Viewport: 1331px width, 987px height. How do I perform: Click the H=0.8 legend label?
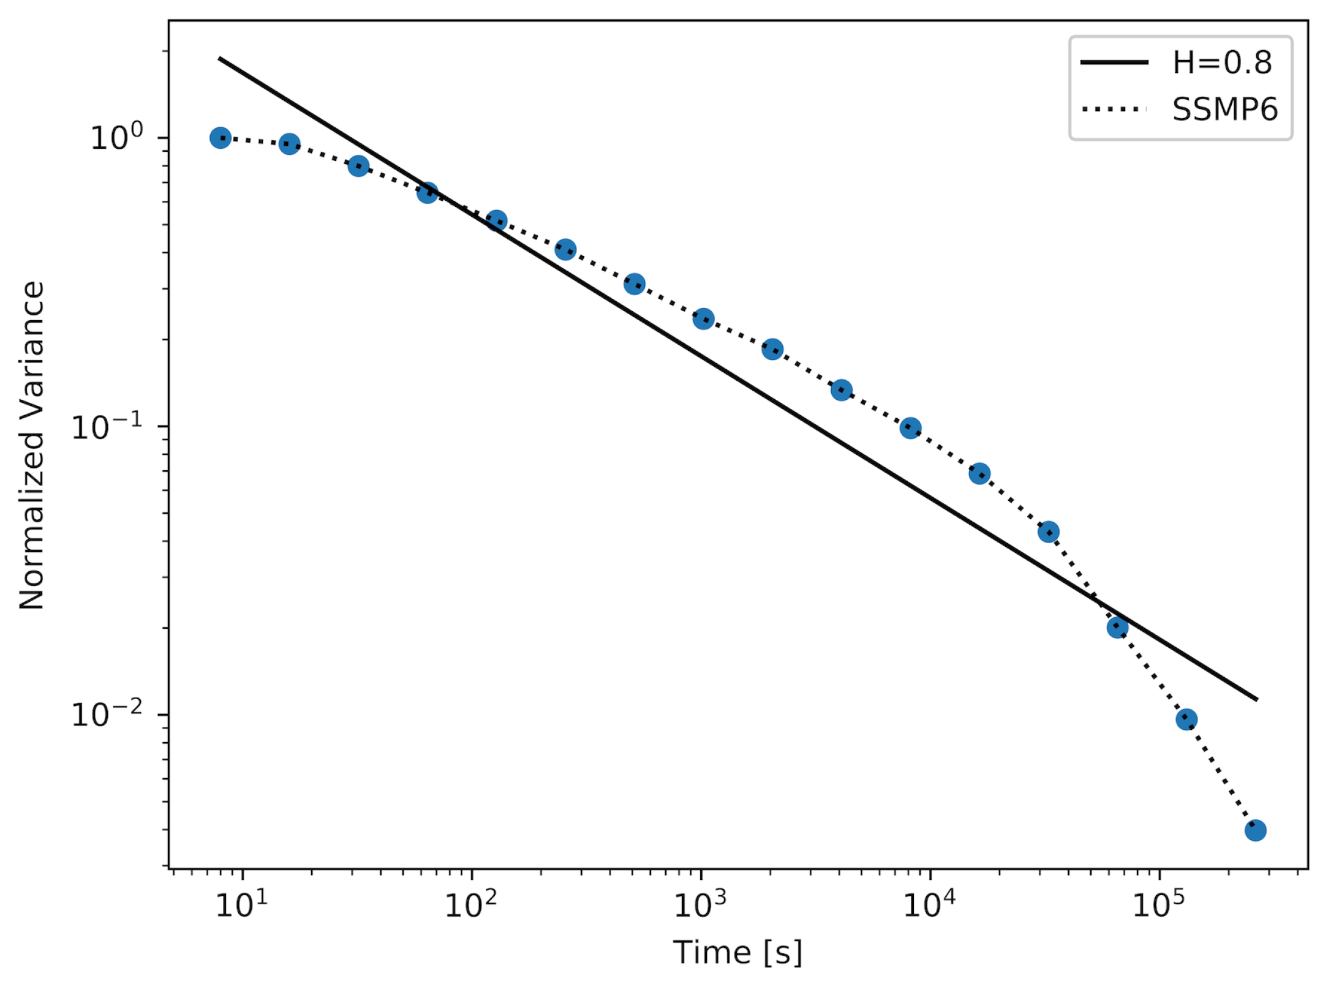pyautogui.click(x=1222, y=62)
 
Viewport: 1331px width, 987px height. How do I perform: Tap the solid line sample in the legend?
pyautogui.click(x=1114, y=62)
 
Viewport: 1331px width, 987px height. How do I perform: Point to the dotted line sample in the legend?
pyautogui.click(x=1114, y=110)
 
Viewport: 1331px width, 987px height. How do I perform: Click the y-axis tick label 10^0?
pyautogui.click(x=116, y=137)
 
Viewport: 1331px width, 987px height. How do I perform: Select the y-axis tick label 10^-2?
pyautogui.click(x=107, y=714)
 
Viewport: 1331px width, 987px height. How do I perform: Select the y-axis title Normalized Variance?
pyautogui.click(x=32, y=445)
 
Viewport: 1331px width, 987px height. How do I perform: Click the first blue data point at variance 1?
pyautogui.click(x=221, y=138)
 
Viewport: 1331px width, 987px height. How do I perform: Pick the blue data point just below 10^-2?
pyautogui.click(x=1186, y=719)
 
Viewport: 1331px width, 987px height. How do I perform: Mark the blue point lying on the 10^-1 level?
pyautogui.click(x=910, y=428)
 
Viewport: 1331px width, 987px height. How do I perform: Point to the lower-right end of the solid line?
pyautogui.click(x=1256, y=699)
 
